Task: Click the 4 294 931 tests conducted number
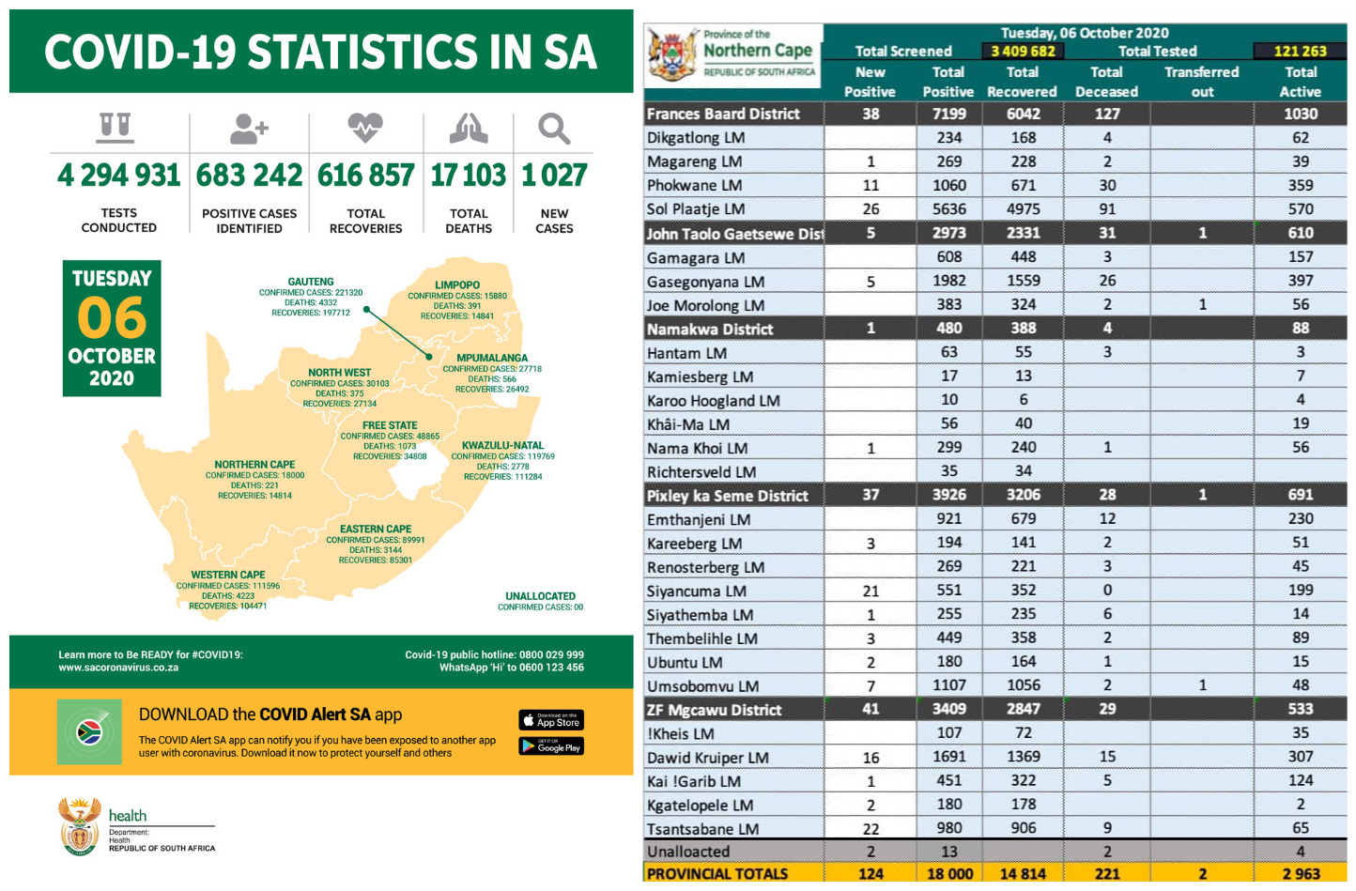click(x=118, y=176)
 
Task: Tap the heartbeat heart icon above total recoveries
click(x=365, y=127)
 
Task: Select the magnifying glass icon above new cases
click(x=554, y=128)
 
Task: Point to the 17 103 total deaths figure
click(x=468, y=176)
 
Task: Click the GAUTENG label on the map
click(x=311, y=282)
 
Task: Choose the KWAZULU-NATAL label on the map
click(x=502, y=445)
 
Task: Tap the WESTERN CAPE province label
click(x=228, y=575)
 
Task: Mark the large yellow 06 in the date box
click(x=112, y=318)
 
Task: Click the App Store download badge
click(x=551, y=720)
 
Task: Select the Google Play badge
click(x=551, y=746)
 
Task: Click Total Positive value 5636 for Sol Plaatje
click(x=948, y=209)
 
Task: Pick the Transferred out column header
click(x=1202, y=82)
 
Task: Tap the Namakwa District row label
click(x=710, y=330)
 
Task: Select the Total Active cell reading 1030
click(x=1301, y=114)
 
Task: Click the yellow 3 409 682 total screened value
click(x=1023, y=52)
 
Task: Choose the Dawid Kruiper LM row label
click(x=708, y=758)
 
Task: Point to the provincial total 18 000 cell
click(x=948, y=873)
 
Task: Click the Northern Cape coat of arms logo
click(x=672, y=55)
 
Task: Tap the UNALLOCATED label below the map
click(x=540, y=596)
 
